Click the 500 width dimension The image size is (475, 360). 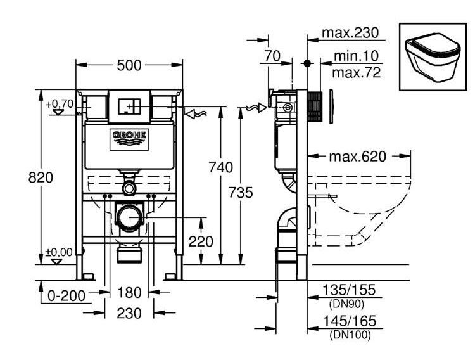click(x=129, y=65)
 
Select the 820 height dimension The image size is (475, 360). click(x=41, y=177)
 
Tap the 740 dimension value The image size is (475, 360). click(x=221, y=167)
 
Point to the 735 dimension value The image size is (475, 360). click(x=241, y=192)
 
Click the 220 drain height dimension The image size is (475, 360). click(x=201, y=241)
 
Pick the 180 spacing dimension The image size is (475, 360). click(x=129, y=293)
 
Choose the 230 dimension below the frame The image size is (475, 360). click(x=129, y=313)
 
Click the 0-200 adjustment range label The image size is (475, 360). click(x=66, y=296)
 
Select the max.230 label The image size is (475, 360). click(x=350, y=32)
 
